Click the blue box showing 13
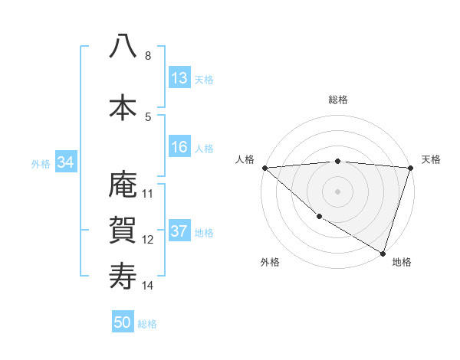click(x=179, y=78)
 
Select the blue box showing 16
click(x=179, y=148)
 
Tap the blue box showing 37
click(x=179, y=232)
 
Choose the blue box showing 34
click(x=65, y=162)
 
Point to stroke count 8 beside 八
click(x=148, y=56)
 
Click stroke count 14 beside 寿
click(x=148, y=286)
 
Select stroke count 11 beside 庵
click(x=148, y=193)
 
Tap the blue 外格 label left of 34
click(x=41, y=163)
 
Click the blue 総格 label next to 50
click(x=148, y=324)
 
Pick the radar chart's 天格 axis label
click(x=431, y=159)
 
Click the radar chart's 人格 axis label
click(x=245, y=159)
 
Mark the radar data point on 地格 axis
click(x=383, y=253)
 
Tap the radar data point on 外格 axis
click(x=319, y=217)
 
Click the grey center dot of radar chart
click(x=337, y=191)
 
